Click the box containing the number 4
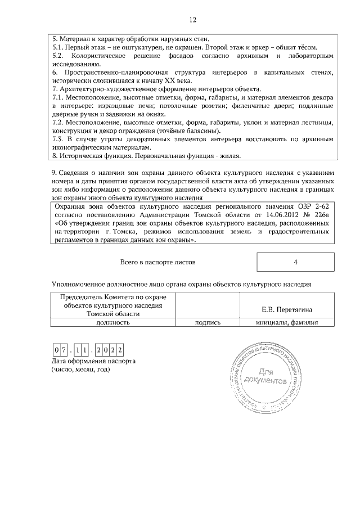(295, 262)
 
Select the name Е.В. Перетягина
(287, 309)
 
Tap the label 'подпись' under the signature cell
(208, 323)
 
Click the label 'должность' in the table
(113, 323)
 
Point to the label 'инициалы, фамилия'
(287, 323)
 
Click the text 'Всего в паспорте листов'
(159, 262)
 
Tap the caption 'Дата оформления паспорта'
(93, 361)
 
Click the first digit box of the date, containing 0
(57, 350)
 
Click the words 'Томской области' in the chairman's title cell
(113, 314)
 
